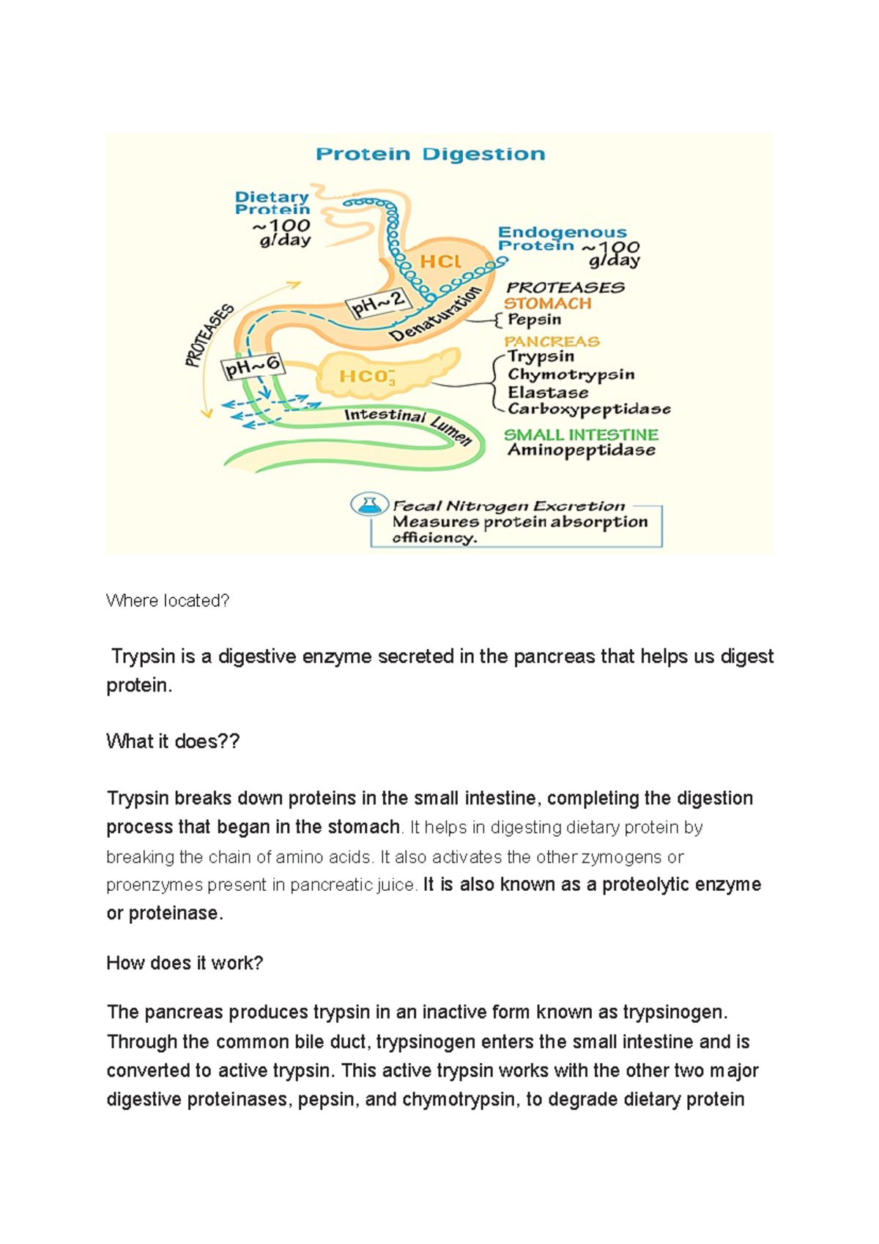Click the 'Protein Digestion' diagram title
(x=430, y=154)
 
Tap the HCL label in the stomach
(x=440, y=262)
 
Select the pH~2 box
(x=378, y=304)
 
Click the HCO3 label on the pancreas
(x=367, y=377)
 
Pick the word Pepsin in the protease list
(x=534, y=319)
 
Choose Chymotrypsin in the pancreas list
(x=571, y=374)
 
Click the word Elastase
(x=547, y=392)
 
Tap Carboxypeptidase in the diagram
(x=589, y=409)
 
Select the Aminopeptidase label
(x=582, y=450)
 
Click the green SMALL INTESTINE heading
(x=581, y=434)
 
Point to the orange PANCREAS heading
(x=552, y=341)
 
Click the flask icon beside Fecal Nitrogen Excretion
(x=368, y=504)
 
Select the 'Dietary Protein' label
(x=272, y=203)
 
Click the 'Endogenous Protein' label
(x=562, y=239)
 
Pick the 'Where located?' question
(x=168, y=601)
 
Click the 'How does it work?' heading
(x=185, y=963)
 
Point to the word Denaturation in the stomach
(x=437, y=314)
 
